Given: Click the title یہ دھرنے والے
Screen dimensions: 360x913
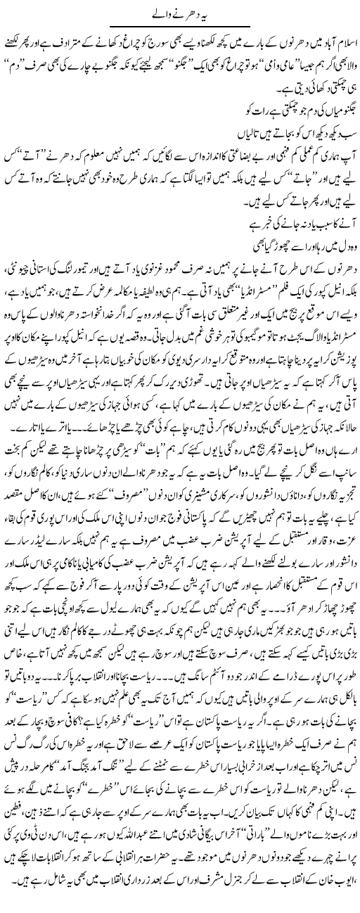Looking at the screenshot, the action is coord(180,12).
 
